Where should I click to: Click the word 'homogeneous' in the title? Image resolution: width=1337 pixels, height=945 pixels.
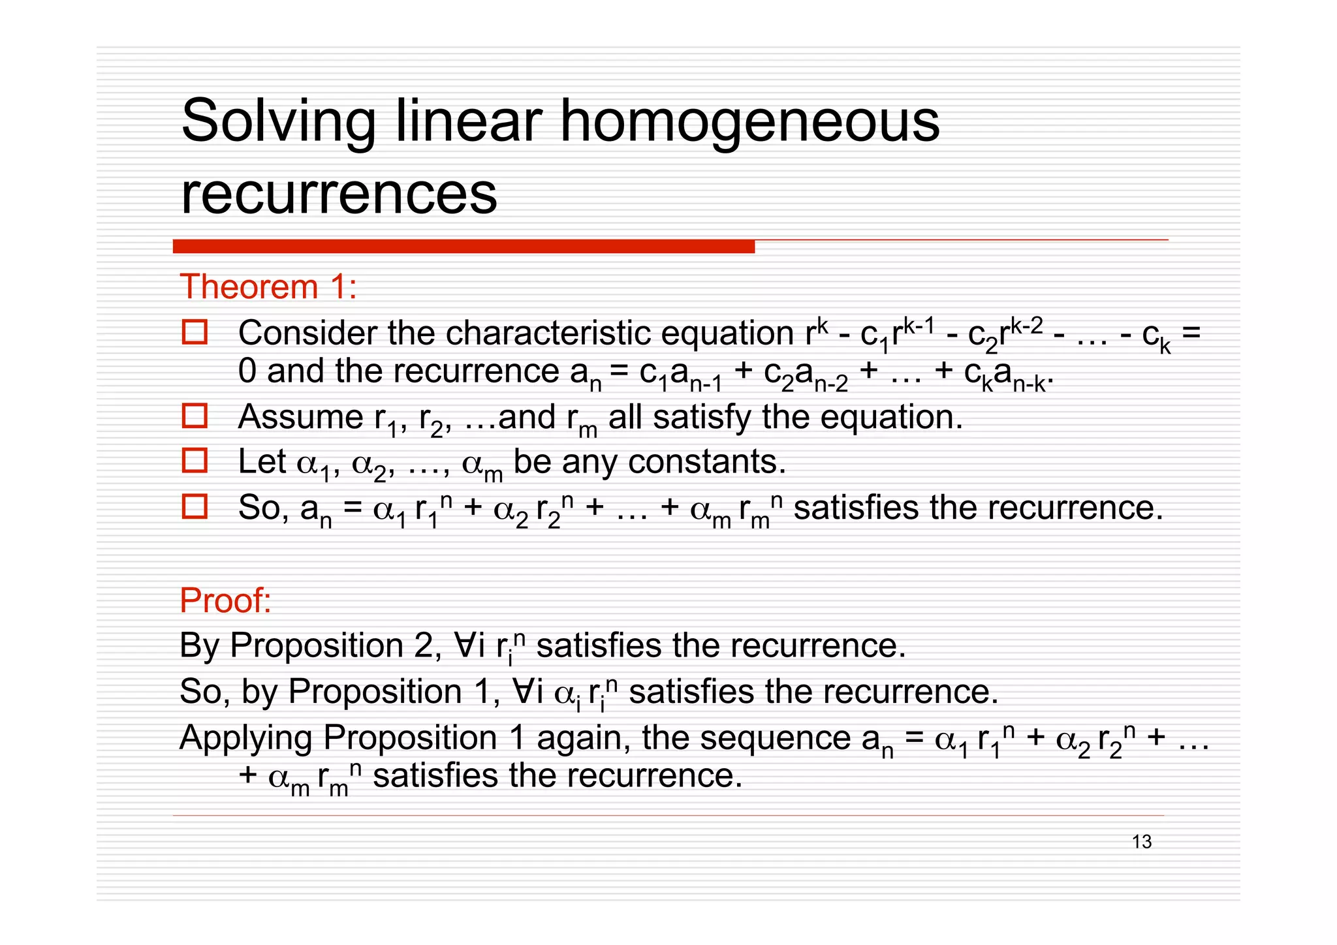pyautogui.click(x=749, y=121)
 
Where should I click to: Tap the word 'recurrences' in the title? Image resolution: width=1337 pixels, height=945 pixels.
pyautogui.click(x=339, y=194)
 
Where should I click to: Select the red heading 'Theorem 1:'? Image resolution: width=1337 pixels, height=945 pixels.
pyautogui.click(x=268, y=287)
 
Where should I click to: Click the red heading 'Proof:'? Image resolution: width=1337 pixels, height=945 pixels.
pyautogui.click(x=225, y=600)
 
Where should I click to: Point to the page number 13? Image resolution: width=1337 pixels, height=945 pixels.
pyautogui.click(x=1142, y=842)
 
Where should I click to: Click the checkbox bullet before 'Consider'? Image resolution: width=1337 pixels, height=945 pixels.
pyautogui.click(x=195, y=332)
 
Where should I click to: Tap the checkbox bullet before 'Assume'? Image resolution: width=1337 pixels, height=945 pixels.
pyautogui.click(x=195, y=416)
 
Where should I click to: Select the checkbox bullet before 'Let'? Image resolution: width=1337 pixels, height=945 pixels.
pyautogui.click(x=195, y=461)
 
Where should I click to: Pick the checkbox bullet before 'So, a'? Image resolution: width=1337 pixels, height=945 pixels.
pyautogui.click(x=195, y=506)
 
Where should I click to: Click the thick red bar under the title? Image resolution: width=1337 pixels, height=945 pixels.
pyautogui.click(x=464, y=247)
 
